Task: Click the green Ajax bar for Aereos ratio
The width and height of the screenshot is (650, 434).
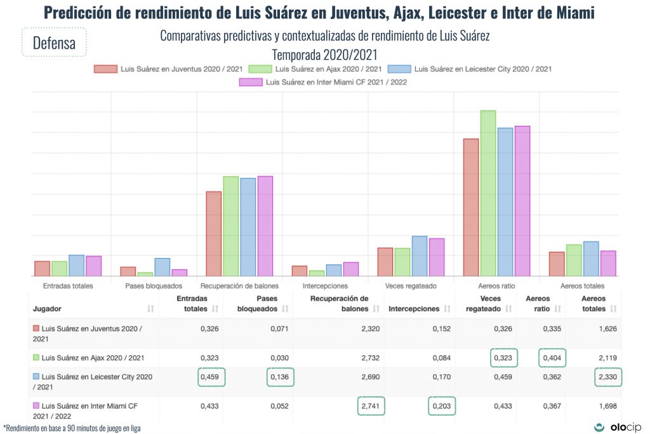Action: pyautogui.click(x=488, y=194)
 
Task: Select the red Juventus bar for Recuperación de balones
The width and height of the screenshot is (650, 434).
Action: pyautogui.click(x=214, y=234)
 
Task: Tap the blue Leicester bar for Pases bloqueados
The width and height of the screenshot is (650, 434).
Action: pyautogui.click(x=162, y=268)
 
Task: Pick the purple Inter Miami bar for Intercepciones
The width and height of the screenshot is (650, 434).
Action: pyautogui.click(x=351, y=269)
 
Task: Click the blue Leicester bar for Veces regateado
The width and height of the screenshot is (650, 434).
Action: pyautogui.click(x=420, y=256)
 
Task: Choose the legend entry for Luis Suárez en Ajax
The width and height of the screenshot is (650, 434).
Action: pyautogui.click(x=315, y=69)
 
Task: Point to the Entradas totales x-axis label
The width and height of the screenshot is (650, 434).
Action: pyautogui.click(x=68, y=286)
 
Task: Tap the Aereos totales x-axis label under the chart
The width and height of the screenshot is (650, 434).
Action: pyautogui.click(x=582, y=286)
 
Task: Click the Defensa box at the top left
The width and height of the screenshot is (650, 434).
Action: pyautogui.click(x=54, y=43)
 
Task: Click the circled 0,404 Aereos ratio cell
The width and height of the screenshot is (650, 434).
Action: pyautogui.click(x=552, y=358)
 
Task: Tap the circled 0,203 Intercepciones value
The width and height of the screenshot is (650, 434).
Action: pyautogui.click(x=442, y=405)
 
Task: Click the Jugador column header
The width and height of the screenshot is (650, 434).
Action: pyautogui.click(x=47, y=309)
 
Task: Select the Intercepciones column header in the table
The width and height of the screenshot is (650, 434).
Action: pyautogui.click(x=414, y=309)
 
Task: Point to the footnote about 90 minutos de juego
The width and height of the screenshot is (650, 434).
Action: pyautogui.click(x=72, y=428)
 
